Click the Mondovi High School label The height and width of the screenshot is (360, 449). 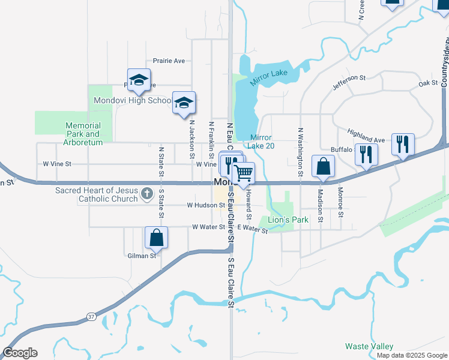tap(133, 100)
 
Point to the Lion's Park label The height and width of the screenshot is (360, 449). tap(288, 220)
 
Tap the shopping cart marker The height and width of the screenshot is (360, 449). tap(243, 173)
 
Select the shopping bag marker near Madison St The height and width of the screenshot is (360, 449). tap(323, 166)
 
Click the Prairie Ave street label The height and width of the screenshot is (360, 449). tap(169, 61)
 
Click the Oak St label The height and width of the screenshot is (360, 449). tap(429, 83)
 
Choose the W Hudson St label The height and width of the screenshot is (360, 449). tap(205, 205)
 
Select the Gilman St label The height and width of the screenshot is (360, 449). tap(142, 256)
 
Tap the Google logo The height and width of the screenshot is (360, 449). tap(20, 353)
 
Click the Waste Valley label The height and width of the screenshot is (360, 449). tap(369, 346)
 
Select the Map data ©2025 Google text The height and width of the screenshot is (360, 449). tap(411, 355)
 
